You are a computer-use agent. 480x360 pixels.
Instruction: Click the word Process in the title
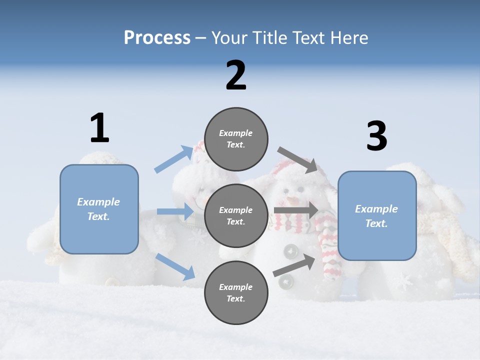[x=157, y=38]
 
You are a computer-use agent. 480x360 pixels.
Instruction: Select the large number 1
[x=99, y=128]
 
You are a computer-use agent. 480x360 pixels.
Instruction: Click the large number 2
[x=236, y=75]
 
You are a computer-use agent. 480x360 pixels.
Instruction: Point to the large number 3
[x=376, y=136]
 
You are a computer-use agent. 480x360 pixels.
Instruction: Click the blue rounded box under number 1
[x=99, y=209]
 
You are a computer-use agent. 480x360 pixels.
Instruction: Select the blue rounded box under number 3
[x=377, y=216]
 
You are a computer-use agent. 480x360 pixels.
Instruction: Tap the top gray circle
[x=236, y=139]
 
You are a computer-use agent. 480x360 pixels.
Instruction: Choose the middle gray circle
[x=236, y=215]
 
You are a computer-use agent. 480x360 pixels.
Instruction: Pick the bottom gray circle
[x=236, y=292]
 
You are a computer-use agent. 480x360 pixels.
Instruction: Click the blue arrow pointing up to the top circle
[x=174, y=159]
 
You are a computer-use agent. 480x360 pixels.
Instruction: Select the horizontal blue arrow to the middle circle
[x=175, y=211]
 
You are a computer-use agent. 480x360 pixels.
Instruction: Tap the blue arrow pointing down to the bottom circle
[x=175, y=266]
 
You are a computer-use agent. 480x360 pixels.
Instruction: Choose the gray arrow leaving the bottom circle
[x=295, y=265]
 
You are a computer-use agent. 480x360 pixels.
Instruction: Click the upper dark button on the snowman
[x=290, y=250]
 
